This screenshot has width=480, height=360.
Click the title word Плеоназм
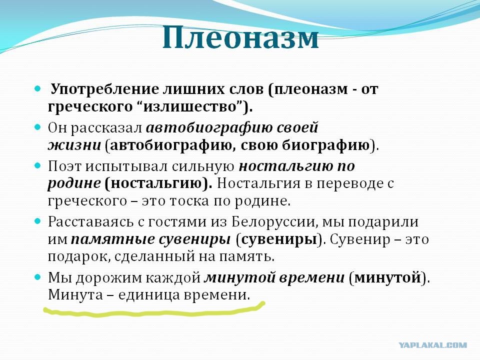(240, 38)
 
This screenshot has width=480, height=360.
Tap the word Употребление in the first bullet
(105, 89)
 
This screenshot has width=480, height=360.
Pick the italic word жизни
(74, 145)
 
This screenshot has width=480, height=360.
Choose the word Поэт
(64, 166)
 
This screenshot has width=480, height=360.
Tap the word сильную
(203, 166)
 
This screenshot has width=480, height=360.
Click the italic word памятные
(112, 239)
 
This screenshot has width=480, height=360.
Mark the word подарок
(78, 256)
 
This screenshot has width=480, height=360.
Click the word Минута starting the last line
(75, 294)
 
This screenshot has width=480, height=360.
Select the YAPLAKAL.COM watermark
(433, 345)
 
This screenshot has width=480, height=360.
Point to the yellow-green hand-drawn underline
(153, 312)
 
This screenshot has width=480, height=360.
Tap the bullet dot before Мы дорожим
(37, 277)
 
